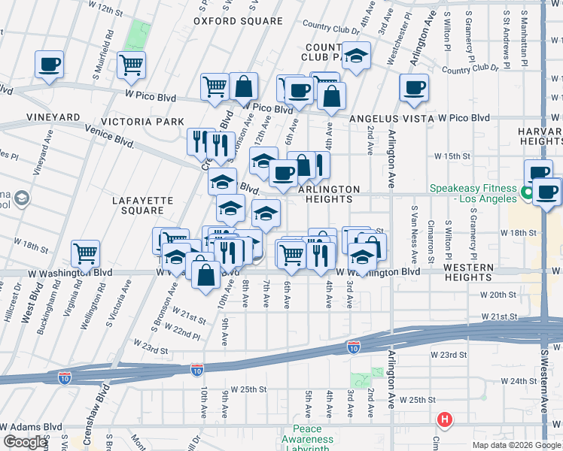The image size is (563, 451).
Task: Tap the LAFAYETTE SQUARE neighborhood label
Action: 143,206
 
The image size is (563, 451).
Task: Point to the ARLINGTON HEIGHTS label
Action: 330,194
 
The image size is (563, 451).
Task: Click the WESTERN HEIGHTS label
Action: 467,272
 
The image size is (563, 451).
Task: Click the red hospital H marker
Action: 445,419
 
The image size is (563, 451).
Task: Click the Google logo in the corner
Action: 25,442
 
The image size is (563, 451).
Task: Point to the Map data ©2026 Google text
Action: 516,445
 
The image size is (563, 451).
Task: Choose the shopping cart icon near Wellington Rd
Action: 86,253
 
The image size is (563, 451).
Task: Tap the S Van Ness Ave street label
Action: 413,222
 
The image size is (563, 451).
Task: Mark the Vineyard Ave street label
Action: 40,153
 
